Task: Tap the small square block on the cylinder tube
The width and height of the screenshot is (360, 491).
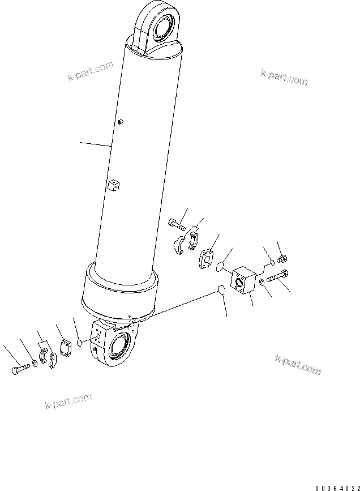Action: coord(114,185)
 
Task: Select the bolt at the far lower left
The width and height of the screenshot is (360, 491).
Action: coord(18,371)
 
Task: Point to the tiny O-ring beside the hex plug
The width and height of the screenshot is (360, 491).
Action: coord(271,262)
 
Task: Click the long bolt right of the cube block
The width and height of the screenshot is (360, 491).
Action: coord(278,277)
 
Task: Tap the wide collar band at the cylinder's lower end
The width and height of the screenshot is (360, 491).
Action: coord(119,292)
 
